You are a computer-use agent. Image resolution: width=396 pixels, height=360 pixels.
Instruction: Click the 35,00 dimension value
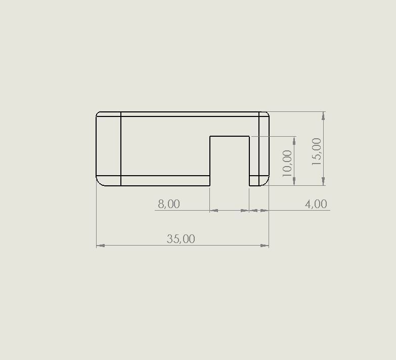pyautogui.click(x=181, y=239)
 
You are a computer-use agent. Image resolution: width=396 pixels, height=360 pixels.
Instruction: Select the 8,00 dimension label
pyautogui.click(x=169, y=204)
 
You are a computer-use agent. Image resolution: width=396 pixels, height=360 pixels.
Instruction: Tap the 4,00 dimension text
pyautogui.click(x=316, y=204)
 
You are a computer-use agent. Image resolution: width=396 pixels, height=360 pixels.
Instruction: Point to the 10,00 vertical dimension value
pyautogui.click(x=287, y=164)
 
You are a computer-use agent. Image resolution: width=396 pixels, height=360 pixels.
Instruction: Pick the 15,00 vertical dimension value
pyautogui.click(x=317, y=152)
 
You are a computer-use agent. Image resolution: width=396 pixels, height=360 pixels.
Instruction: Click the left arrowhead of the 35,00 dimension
pyautogui.click(x=101, y=246)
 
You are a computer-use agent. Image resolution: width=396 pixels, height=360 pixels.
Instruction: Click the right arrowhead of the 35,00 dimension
pyautogui.click(x=265, y=246)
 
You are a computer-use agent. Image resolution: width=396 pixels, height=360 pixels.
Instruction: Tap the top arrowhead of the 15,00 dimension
pyautogui.click(x=324, y=116)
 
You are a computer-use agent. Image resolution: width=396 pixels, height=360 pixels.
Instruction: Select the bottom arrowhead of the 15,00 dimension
pyautogui.click(x=324, y=181)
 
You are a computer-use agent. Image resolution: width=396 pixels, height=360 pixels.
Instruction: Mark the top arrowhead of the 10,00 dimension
pyautogui.click(x=294, y=141)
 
